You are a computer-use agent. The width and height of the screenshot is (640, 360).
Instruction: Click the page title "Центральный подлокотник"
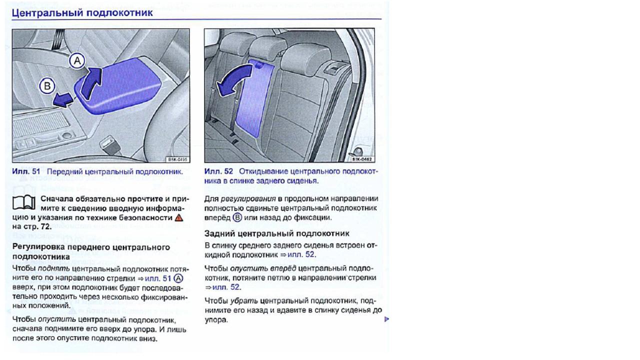click(82, 12)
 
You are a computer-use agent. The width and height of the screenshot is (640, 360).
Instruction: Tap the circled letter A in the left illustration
click(77, 61)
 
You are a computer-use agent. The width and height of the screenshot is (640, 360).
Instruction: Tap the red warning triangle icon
click(179, 217)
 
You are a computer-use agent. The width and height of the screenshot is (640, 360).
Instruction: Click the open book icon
click(23, 202)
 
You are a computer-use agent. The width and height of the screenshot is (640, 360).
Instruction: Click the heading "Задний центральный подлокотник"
click(276, 233)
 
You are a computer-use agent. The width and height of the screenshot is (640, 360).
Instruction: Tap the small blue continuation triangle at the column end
click(386, 319)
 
